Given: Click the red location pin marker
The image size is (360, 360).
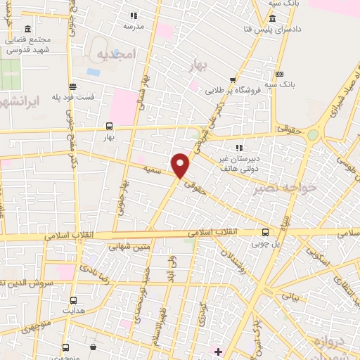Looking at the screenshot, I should pyautogui.click(x=181, y=165).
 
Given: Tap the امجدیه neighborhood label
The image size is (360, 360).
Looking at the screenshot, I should pyautogui.click(x=115, y=54).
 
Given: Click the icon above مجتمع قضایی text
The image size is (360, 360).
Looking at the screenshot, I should pyautogui.click(x=27, y=29).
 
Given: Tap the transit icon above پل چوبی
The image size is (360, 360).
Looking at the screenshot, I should pyautogui.click(x=264, y=232).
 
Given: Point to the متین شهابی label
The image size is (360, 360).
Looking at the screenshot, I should pyautogui.click(x=130, y=247).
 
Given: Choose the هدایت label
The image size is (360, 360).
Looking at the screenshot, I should pyautogui.click(x=73, y=309).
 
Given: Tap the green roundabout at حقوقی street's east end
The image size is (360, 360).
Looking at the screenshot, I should pyautogui.click(x=312, y=134).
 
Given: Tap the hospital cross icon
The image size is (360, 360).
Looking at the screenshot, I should pyautogui.click(x=218, y=351).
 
